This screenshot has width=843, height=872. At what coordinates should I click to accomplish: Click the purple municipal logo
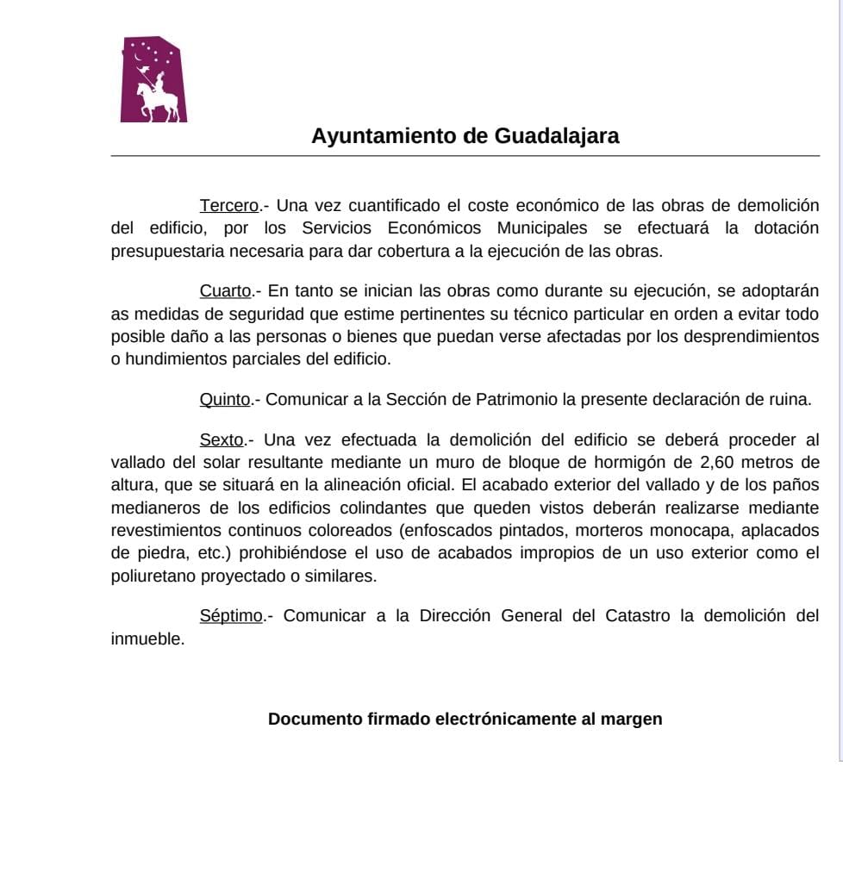[153, 79]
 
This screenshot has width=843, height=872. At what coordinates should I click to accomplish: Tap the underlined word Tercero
[229, 206]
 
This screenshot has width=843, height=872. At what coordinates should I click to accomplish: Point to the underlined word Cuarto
[226, 291]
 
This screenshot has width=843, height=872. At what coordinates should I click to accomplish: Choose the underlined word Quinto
[225, 400]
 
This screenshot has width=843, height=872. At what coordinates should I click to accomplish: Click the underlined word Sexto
[222, 440]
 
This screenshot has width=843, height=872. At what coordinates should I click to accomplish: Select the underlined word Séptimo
[231, 616]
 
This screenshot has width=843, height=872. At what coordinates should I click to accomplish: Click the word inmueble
[147, 639]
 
